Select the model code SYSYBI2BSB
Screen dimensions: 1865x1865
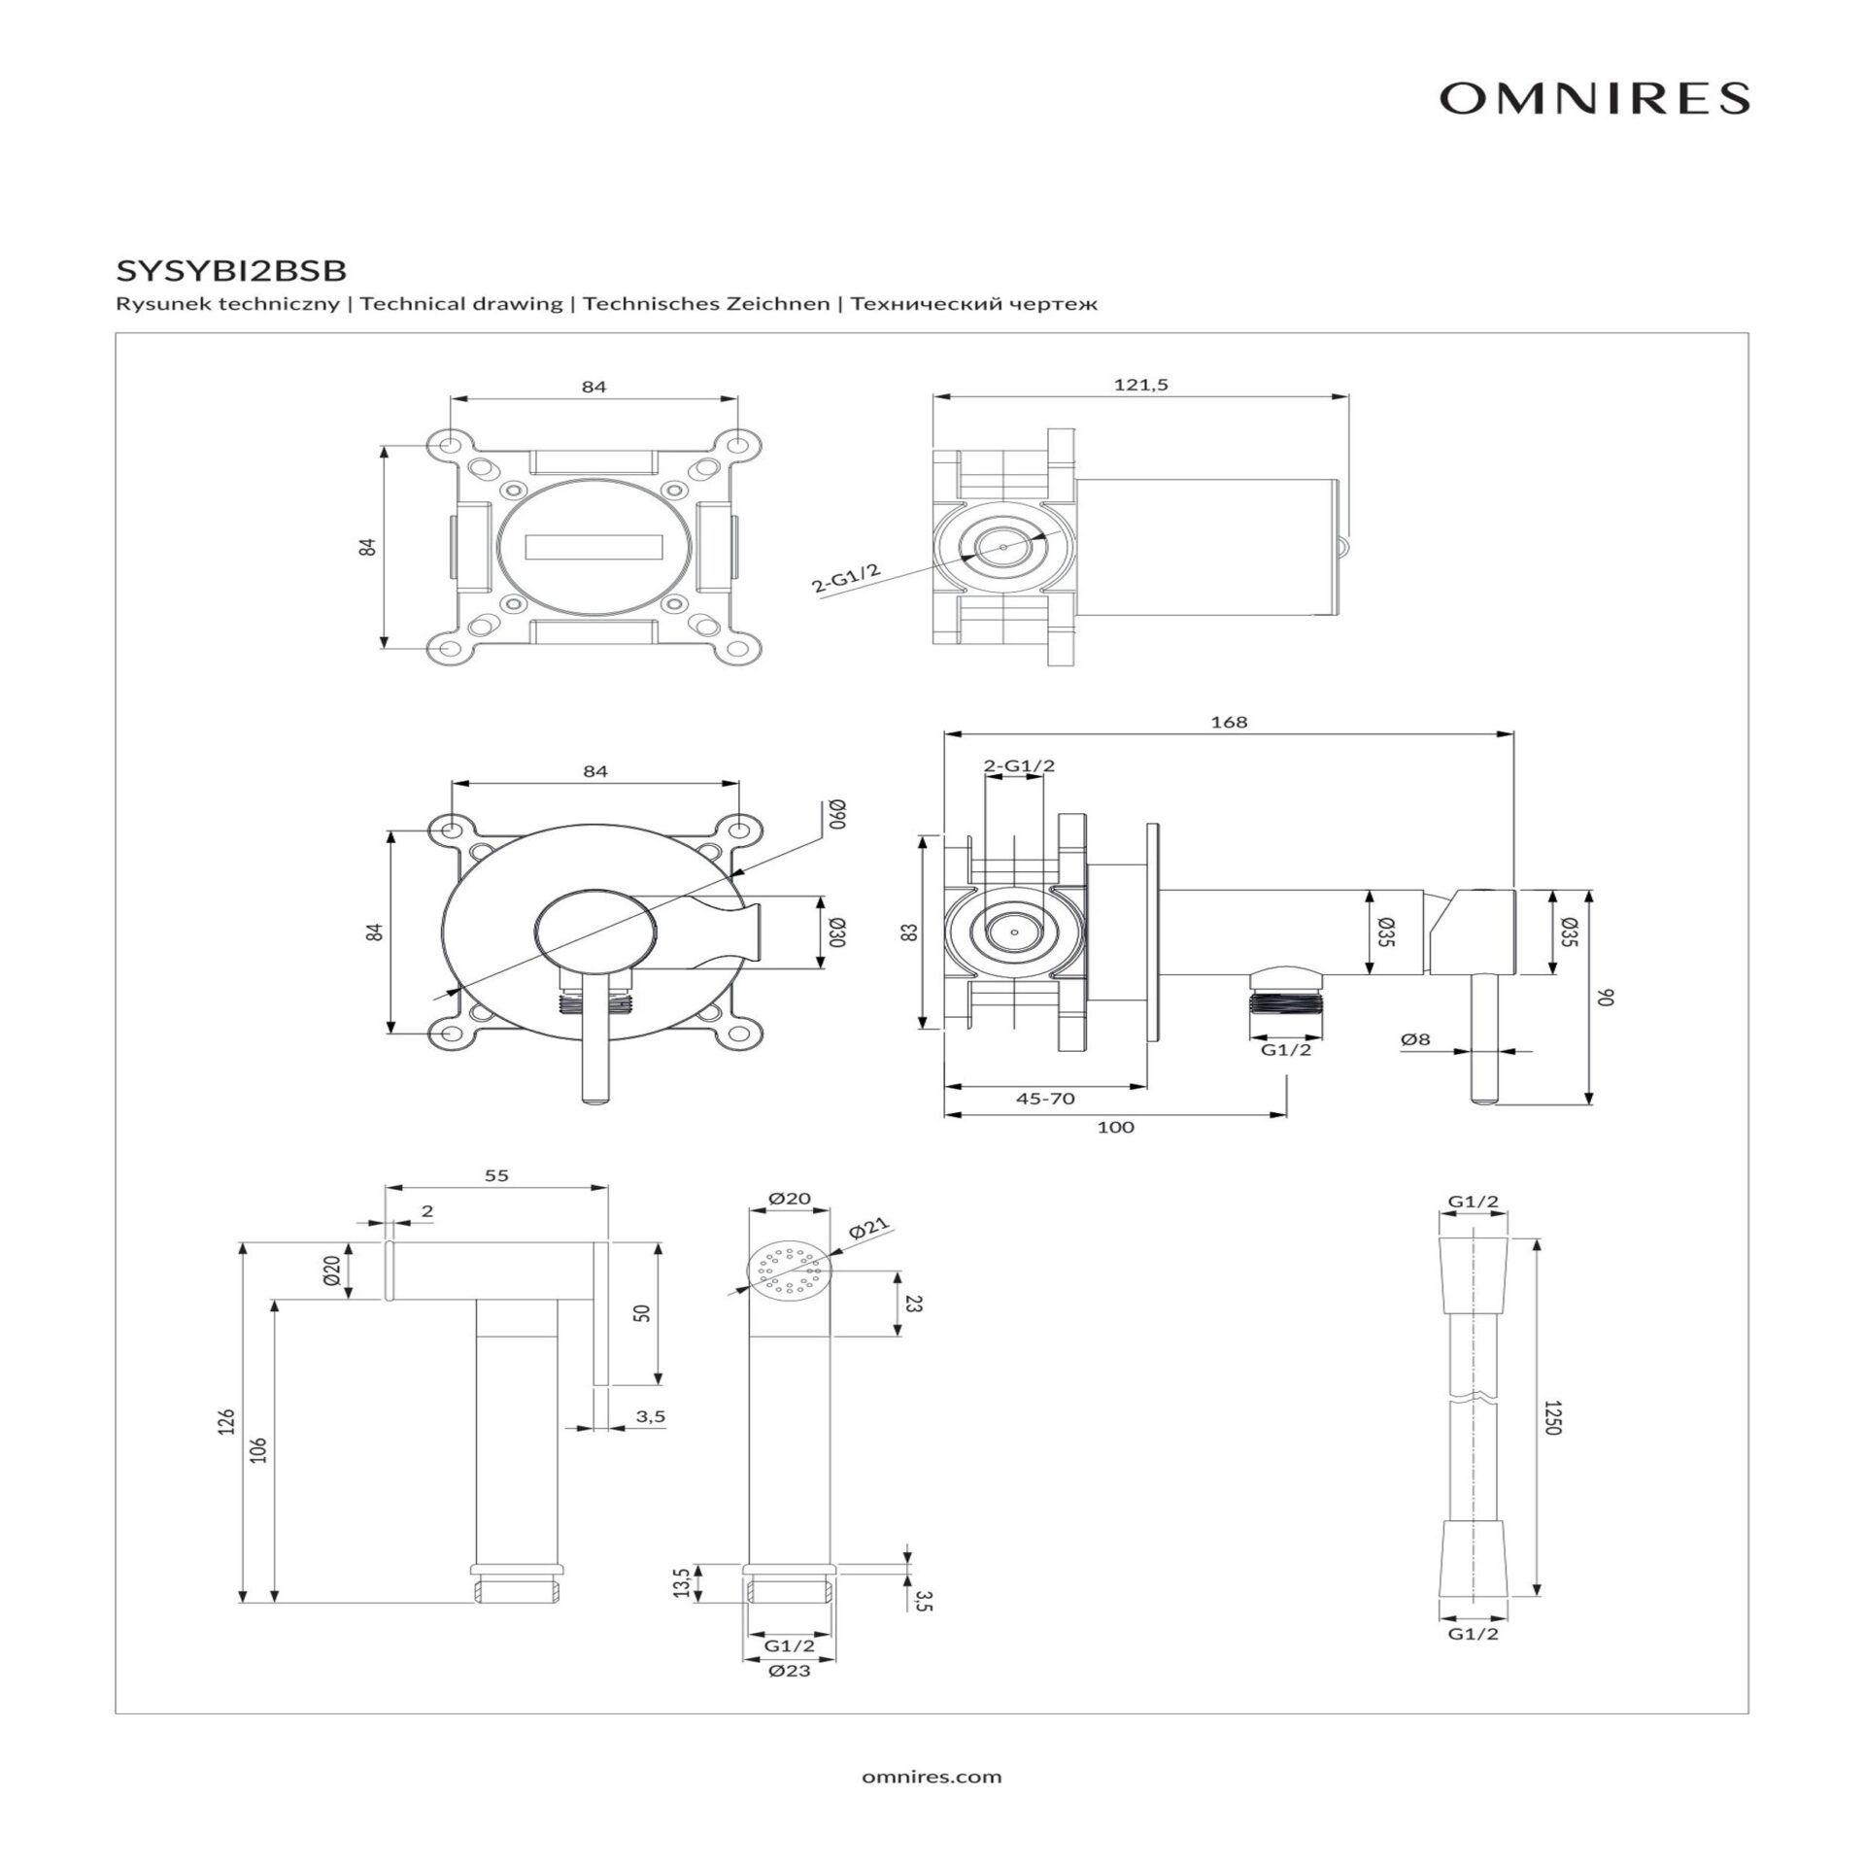tap(230, 269)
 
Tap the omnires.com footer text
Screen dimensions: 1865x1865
tap(932, 1778)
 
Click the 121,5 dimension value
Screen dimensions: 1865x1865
tap(1140, 385)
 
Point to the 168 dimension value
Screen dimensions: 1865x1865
tap(1229, 722)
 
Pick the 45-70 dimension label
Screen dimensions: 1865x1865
tap(1045, 1099)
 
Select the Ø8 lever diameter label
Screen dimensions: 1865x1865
tap(1415, 1039)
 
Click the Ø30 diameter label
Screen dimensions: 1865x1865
tap(838, 932)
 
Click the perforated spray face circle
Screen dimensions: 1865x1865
tap(790, 1270)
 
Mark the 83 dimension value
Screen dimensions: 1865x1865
tap(909, 932)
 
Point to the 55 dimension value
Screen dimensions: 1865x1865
tap(496, 1175)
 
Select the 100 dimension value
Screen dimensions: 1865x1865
tap(1115, 1127)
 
